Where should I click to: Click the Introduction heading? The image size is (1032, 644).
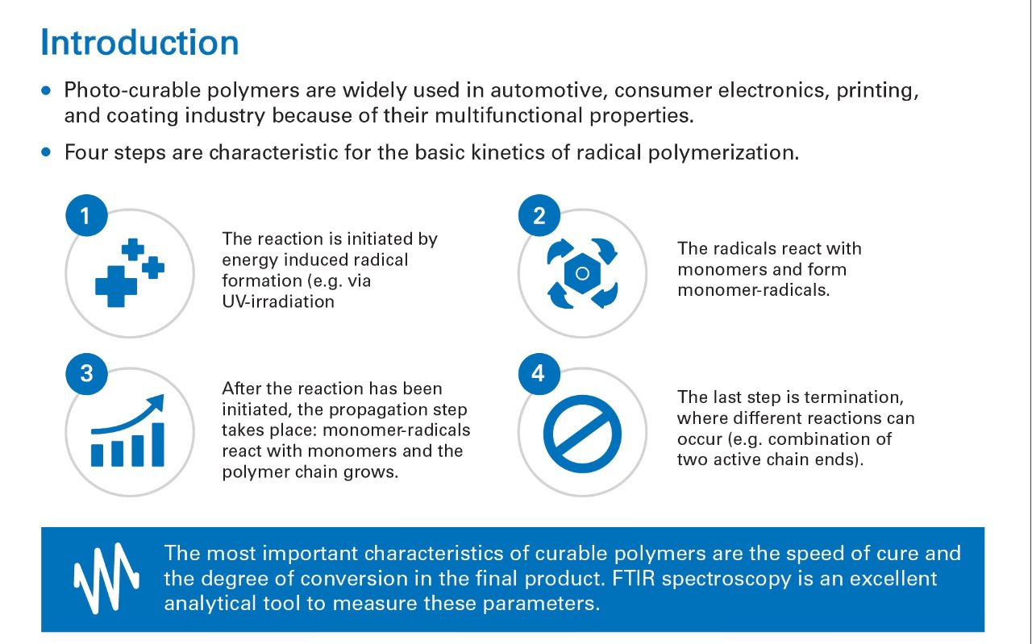[x=139, y=43]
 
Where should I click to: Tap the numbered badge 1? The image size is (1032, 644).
[x=86, y=215]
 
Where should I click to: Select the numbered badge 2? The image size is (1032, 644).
[x=539, y=215]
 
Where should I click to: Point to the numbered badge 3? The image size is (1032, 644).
[x=86, y=374]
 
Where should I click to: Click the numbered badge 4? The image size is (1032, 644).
[x=539, y=374]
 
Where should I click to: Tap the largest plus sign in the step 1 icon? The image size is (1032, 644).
[x=115, y=286]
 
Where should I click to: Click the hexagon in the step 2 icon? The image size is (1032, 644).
[x=582, y=273]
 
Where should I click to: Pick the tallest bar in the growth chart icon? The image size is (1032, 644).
[x=158, y=445]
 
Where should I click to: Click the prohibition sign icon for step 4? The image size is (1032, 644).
[x=582, y=434]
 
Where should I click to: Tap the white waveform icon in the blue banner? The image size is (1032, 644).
[x=106, y=579]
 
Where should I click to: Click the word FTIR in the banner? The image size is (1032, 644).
[x=633, y=579]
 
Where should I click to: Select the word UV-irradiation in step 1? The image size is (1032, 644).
[x=278, y=301]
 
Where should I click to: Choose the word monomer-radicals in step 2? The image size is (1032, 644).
[x=754, y=290]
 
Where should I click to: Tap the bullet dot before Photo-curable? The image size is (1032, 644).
[x=46, y=90]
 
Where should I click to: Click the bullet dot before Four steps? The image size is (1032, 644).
[x=46, y=152]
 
